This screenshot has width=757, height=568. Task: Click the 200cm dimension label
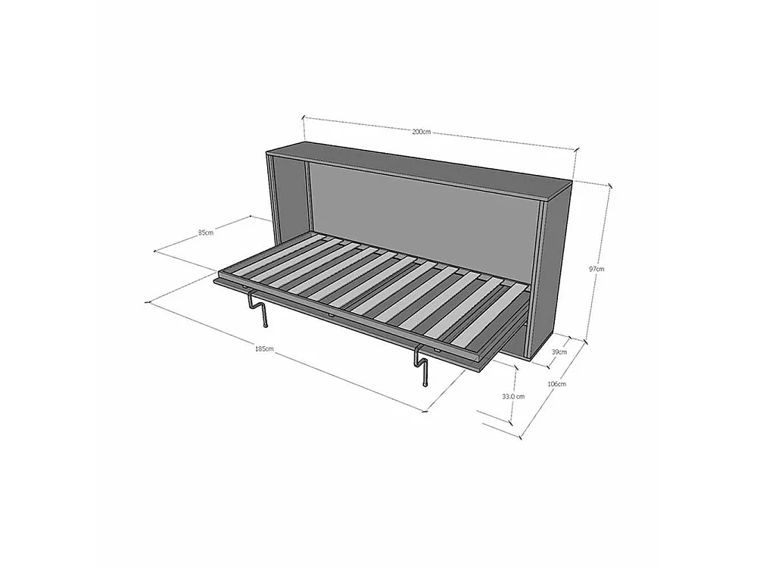pyautogui.click(x=421, y=131)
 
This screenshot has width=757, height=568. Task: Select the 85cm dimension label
pyautogui.click(x=206, y=233)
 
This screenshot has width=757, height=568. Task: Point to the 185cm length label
pyautogui.click(x=264, y=348)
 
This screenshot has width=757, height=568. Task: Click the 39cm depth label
pyautogui.click(x=559, y=351)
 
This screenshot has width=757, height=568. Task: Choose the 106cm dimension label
pyautogui.click(x=556, y=383)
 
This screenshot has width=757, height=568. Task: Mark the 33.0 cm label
pyautogui.click(x=512, y=396)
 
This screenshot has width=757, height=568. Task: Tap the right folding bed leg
pyautogui.click(x=420, y=366)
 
